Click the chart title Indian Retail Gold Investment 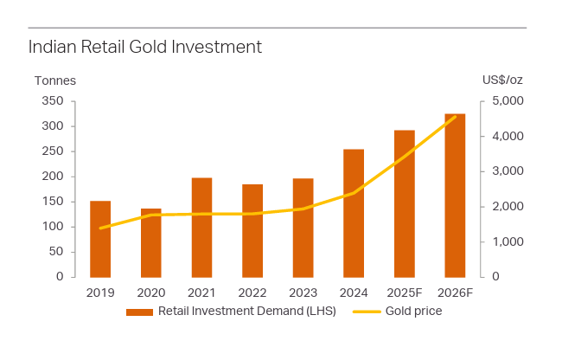(x=144, y=47)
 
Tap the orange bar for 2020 (x=151, y=243)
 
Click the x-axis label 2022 (x=252, y=292)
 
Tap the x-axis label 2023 (x=303, y=292)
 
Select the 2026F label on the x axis (x=455, y=292)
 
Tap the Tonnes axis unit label (x=55, y=80)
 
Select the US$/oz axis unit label (x=502, y=80)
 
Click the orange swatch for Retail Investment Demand (x=139, y=312)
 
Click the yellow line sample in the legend (x=370, y=312)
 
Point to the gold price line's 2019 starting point (x=101, y=228)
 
